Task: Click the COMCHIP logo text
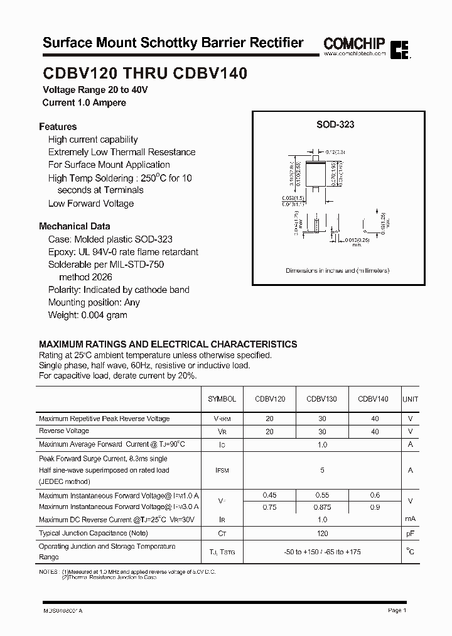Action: (x=354, y=43)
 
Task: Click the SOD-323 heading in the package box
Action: (x=335, y=124)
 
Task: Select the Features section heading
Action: (x=58, y=126)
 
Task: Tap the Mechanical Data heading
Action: (x=74, y=226)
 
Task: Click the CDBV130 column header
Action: (x=321, y=399)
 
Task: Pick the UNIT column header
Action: (x=410, y=399)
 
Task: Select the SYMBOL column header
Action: (x=222, y=399)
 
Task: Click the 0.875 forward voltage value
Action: (x=321, y=507)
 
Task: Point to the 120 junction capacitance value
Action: (x=322, y=534)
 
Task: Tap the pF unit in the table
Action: (x=410, y=534)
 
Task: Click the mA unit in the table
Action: (x=410, y=519)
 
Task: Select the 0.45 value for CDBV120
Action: (x=270, y=495)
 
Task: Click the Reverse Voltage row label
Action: (x=64, y=431)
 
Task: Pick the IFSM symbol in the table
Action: (x=222, y=469)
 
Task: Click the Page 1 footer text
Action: (x=397, y=610)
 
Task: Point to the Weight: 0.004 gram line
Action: (x=87, y=315)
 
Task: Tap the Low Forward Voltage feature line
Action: (x=91, y=204)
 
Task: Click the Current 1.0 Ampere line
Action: (x=84, y=102)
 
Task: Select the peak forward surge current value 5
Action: (x=322, y=469)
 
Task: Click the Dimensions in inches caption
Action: (x=337, y=271)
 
